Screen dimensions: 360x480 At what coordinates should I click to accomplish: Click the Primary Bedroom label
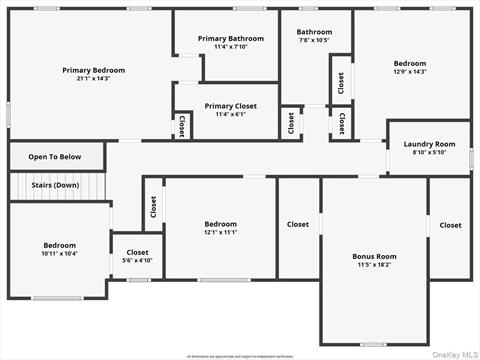tap(94, 70)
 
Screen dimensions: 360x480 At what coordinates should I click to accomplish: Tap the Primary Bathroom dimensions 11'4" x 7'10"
tap(231, 47)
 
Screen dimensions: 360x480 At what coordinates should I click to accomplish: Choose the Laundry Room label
tap(429, 144)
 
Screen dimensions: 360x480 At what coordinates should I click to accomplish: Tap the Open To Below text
tap(55, 157)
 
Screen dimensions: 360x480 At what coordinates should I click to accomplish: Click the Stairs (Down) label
tap(55, 185)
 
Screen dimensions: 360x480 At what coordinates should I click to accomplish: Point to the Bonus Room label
tap(374, 256)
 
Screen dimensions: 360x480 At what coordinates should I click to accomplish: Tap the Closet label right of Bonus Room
tap(451, 225)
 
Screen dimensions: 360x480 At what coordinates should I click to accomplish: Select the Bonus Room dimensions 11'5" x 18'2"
tap(374, 265)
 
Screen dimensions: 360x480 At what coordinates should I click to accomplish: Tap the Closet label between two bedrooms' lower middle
tap(298, 225)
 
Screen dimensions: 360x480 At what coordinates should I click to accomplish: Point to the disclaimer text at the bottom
tap(241, 355)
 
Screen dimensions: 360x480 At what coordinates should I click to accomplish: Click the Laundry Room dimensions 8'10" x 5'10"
tap(429, 153)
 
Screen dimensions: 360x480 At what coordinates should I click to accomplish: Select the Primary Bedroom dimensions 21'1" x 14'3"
tap(94, 79)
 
